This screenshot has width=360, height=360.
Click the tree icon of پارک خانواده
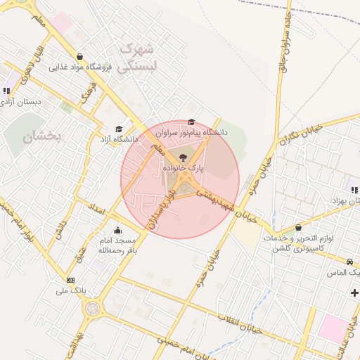pos(184,157)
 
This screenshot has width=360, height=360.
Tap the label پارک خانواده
pos(184,169)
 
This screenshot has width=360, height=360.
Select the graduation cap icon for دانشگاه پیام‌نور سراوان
pos(192,122)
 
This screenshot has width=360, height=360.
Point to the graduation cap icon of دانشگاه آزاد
pos(119,129)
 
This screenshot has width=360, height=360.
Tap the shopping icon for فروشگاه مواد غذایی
pos(79,58)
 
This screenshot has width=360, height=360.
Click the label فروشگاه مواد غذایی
pos(82,67)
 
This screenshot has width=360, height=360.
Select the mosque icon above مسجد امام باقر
pos(117,231)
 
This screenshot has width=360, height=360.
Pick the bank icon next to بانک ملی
pos(70,280)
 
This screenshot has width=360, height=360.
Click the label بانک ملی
pos(70,290)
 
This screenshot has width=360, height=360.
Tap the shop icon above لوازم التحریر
pos(299,228)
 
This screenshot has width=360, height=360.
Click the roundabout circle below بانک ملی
pos(91,308)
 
